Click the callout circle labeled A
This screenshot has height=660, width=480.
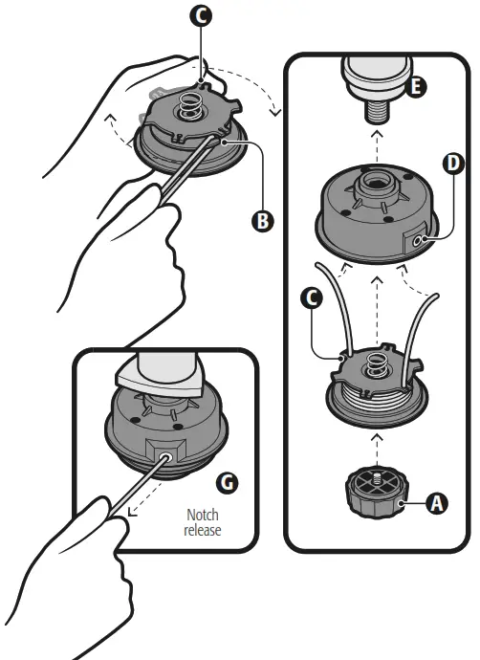436,503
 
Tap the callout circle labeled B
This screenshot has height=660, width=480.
263,221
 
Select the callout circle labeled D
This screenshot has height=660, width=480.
453,164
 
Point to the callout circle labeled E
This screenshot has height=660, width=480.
416,87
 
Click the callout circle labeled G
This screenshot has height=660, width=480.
228,483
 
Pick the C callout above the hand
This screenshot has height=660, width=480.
201,16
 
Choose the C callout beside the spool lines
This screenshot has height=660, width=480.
312,298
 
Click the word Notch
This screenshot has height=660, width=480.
203,515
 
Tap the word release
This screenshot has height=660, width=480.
203,530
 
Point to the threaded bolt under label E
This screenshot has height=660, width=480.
378,111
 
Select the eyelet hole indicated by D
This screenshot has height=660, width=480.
418,241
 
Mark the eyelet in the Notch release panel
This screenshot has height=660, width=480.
165,457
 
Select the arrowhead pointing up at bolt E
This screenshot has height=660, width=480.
378,133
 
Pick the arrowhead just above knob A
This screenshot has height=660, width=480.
378,438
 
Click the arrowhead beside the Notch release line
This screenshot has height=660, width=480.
131,512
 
